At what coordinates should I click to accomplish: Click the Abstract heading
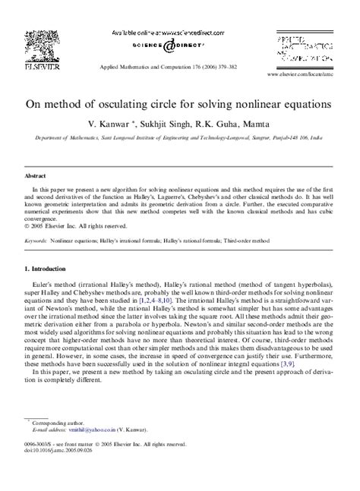35,174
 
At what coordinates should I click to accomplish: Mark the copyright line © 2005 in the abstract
73,225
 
